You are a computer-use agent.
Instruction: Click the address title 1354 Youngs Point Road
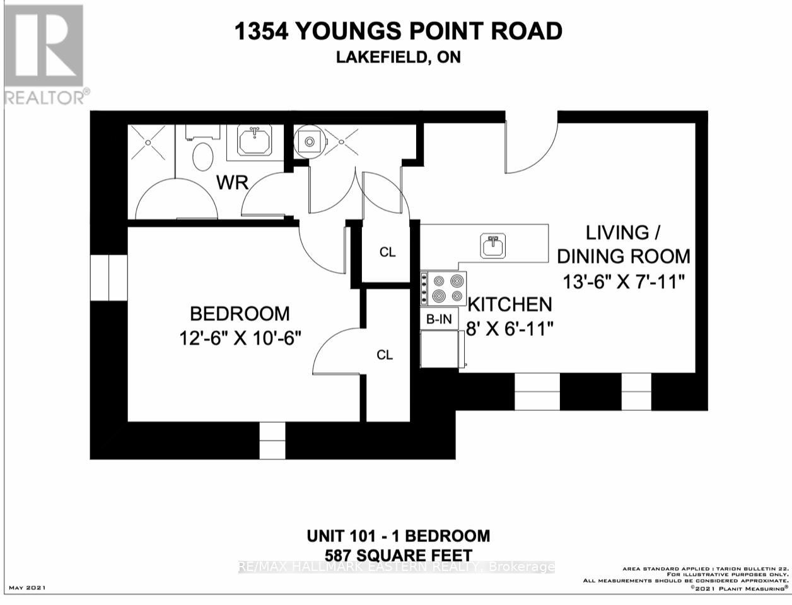click(398, 32)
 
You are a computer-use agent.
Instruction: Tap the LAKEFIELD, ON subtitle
click(398, 57)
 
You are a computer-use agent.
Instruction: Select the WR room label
click(233, 183)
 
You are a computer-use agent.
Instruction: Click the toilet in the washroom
click(203, 156)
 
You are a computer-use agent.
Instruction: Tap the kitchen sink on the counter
click(492, 246)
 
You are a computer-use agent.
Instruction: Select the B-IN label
click(439, 320)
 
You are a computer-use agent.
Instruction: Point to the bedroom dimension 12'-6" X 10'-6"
click(240, 338)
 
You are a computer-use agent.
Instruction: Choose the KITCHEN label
click(510, 305)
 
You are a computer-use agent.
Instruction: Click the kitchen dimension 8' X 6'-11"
click(510, 328)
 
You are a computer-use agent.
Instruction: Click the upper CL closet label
click(387, 252)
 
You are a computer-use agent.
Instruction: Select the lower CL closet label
click(385, 355)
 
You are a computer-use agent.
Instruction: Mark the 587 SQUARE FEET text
click(398, 555)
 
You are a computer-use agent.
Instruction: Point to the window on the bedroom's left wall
click(109, 277)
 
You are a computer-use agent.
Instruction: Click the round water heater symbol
click(309, 142)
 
